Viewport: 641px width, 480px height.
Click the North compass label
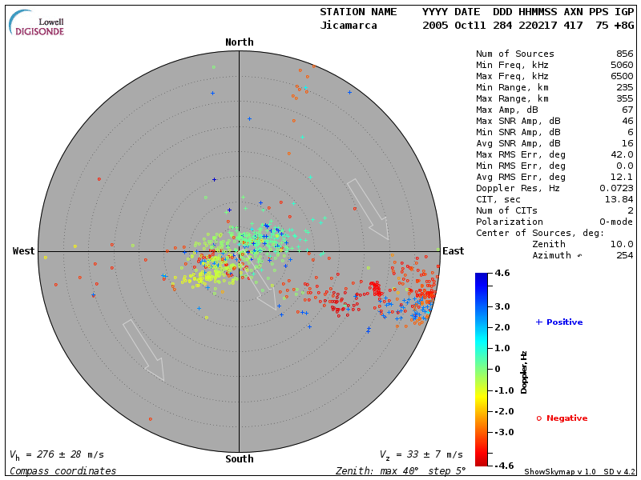[x=239, y=42]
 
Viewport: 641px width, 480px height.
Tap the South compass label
[x=239, y=459]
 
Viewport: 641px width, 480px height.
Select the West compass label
[x=23, y=251]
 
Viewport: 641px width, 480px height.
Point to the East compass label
[x=453, y=251]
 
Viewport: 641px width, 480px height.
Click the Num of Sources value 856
[x=624, y=54]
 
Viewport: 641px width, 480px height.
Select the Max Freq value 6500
[x=621, y=76]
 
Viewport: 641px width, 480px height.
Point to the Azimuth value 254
[x=624, y=255]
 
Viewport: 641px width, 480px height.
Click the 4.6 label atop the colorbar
[x=502, y=273]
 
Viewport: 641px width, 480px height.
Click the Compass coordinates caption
[x=62, y=471]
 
